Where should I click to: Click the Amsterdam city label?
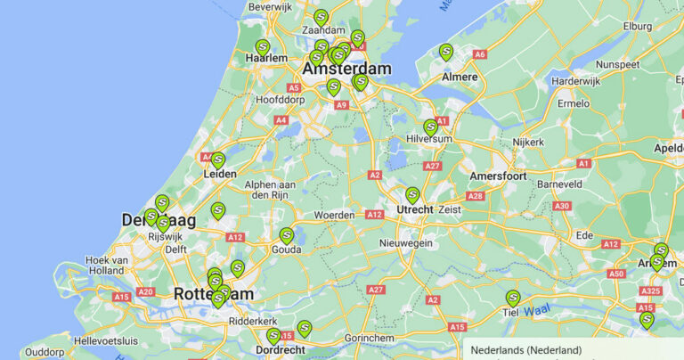[x=346, y=69]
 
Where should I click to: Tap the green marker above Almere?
[x=445, y=53]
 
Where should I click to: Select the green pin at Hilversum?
[x=430, y=127]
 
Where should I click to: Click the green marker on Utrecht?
[x=412, y=195]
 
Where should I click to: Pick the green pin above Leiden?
[x=217, y=160]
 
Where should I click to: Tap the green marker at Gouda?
[x=286, y=235]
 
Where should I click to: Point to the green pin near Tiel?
[x=512, y=299]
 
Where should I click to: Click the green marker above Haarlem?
[x=262, y=47]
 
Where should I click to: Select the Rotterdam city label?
[x=213, y=293]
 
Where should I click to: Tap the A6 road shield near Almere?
[x=480, y=54]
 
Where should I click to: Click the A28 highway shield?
[x=475, y=196]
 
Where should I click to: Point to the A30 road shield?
[x=561, y=206]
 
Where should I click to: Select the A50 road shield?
[x=616, y=274]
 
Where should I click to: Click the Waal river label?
[x=536, y=311]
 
